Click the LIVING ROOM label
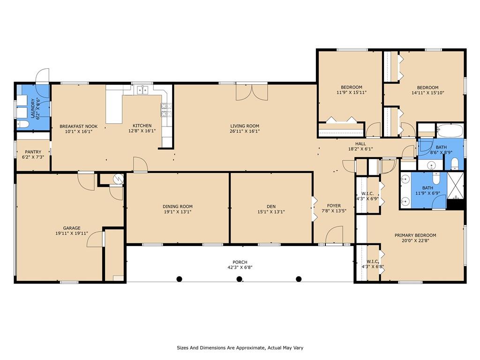245,126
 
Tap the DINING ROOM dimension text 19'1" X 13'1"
178,211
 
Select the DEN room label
271,206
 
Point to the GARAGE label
72,228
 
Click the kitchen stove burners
164,110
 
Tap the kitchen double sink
142,90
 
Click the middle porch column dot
240,279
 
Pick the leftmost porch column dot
180,279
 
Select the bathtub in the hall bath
450,130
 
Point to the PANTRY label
33,152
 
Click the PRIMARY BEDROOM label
415,235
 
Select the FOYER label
334,206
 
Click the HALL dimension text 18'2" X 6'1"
360,149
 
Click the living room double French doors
252,92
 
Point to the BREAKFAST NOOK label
79,126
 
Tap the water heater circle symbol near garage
118,179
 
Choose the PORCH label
240,262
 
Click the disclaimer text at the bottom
240,348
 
